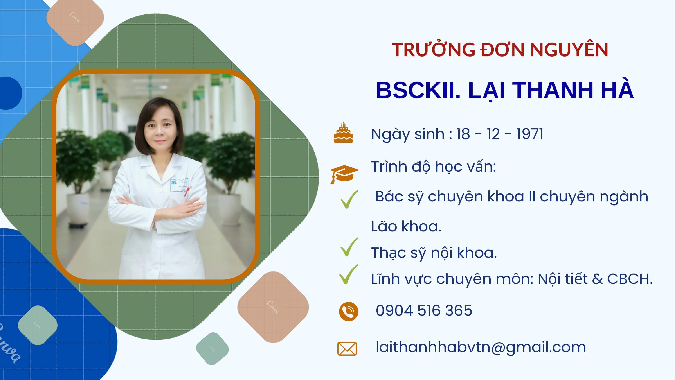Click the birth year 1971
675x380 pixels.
tap(530, 134)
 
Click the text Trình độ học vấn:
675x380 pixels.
tap(434, 167)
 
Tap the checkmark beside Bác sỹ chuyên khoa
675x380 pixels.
tap(349, 200)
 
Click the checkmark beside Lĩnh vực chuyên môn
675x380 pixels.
tap(349, 274)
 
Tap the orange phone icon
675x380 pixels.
tap(349, 312)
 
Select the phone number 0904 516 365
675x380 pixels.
tap(424, 310)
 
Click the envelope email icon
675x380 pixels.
tap(347, 348)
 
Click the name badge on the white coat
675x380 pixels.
tap(179, 185)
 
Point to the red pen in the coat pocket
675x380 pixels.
tap(187, 191)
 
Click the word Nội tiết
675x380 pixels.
tap(562, 279)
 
